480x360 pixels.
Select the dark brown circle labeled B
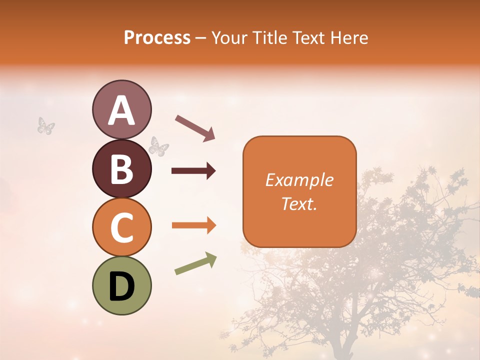coord(121,168)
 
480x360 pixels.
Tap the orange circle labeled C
coord(121,227)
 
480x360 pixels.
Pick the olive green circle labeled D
coord(121,285)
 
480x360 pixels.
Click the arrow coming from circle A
coord(195,128)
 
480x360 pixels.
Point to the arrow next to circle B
coord(193,171)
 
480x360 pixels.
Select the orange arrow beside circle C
coord(193,225)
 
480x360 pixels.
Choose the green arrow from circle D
coord(195,263)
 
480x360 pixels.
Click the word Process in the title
coord(157,37)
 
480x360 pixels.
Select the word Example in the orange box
coord(299,180)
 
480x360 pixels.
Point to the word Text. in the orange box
coord(299,203)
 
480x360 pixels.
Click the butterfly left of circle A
coord(46,126)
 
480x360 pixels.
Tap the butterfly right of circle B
coord(159,146)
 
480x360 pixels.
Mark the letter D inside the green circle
coord(121,287)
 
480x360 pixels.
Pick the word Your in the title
coord(228,37)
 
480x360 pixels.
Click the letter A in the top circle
coord(121,110)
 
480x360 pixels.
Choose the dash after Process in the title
coord(201,38)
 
